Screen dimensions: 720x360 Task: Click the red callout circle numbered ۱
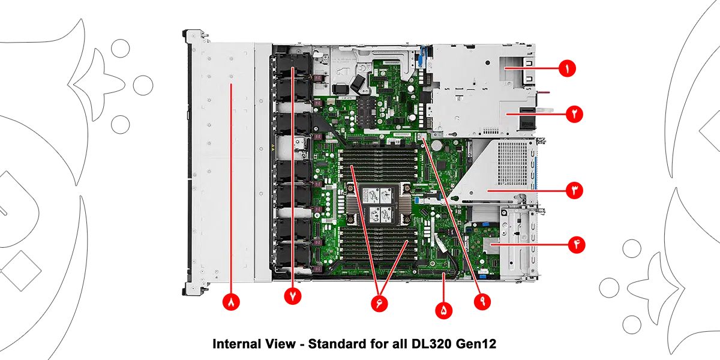pyautogui.click(x=567, y=68)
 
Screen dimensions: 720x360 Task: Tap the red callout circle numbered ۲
pyautogui.click(x=574, y=114)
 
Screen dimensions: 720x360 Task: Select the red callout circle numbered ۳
pyautogui.click(x=574, y=190)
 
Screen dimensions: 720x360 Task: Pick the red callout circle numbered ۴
pyautogui.click(x=577, y=245)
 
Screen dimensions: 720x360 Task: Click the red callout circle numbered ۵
pyautogui.click(x=443, y=311)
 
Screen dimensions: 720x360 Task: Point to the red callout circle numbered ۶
pyautogui.click(x=379, y=304)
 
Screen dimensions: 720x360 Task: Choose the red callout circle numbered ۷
pyautogui.click(x=293, y=296)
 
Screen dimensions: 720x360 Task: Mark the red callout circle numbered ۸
pyautogui.click(x=231, y=302)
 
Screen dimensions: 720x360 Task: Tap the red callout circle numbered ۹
pyautogui.click(x=482, y=301)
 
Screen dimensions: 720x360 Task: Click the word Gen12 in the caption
pyautogui.click(x=476, y=344)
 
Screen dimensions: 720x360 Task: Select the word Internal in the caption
pyautogui.click(x=238, y=344)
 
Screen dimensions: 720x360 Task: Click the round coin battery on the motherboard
pyautogui.click(x=437, y=145)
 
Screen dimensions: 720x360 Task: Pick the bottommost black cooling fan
pyautogui.click(x=293, y=256)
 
